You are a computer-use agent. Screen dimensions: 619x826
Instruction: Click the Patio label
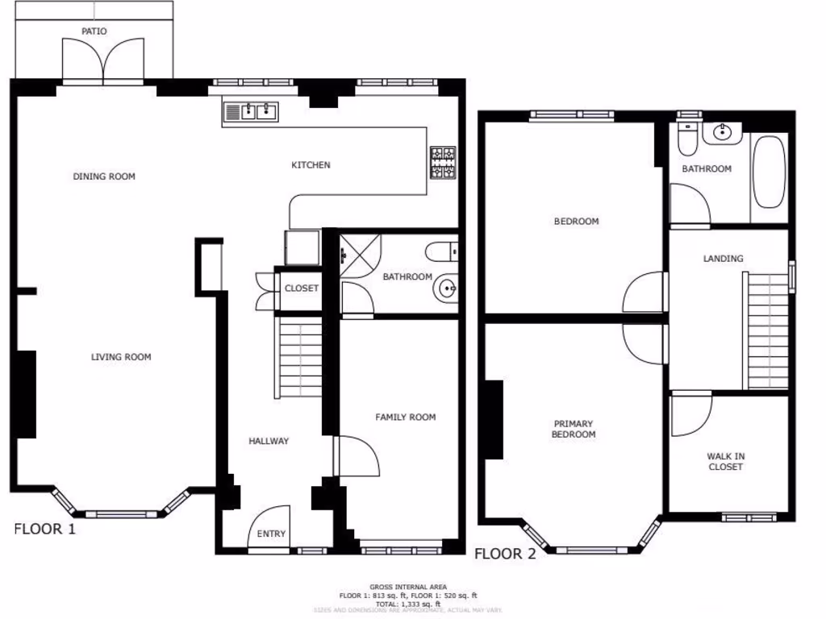point(94,31)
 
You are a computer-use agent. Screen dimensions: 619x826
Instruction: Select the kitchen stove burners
point(443,164)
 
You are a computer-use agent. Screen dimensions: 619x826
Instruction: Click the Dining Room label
point(104,177)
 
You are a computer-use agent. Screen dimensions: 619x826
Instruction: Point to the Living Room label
point(121,357)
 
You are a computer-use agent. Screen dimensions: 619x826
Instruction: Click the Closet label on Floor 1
point(302,289)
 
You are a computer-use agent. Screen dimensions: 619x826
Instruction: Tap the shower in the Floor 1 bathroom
point(359,255)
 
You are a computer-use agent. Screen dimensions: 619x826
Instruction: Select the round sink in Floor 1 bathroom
point(445,288)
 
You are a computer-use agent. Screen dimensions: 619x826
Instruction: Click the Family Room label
point(405,417)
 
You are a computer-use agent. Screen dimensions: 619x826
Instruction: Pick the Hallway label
point(269,441)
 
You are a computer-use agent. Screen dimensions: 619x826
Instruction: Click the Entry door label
point(271,534)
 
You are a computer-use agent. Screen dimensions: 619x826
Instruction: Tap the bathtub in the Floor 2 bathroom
point(768,171)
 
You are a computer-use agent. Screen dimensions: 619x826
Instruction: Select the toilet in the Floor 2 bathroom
point(687,140)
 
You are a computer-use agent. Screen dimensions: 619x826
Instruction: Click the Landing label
point(723,259)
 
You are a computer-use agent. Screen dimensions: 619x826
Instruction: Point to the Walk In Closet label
point(726,462)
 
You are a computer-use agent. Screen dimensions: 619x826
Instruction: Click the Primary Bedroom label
point(574,429)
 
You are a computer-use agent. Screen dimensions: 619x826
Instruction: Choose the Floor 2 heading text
point(505,554)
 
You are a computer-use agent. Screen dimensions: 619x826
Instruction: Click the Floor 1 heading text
point(45,530)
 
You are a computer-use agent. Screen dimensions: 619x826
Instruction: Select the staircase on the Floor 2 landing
point(766,331)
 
